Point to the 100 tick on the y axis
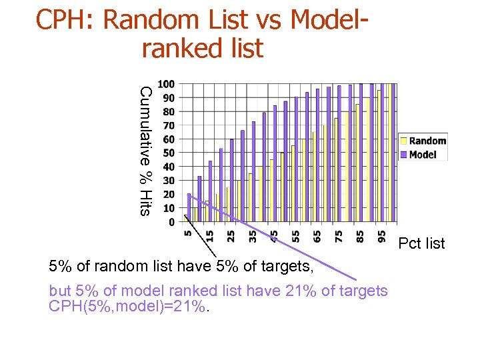167,84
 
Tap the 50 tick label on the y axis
168,153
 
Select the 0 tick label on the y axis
171,221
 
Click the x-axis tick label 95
381,236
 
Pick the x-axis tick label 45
273,236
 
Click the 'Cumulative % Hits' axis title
146,151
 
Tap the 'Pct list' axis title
421,243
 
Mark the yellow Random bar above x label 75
336,170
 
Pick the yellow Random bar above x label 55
293,183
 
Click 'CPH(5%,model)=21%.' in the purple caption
129,307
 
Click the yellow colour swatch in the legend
403,141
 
